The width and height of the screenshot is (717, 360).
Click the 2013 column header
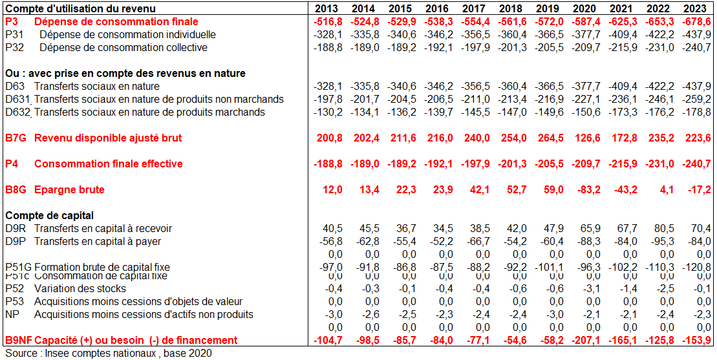pyautogui.click(x=327, y=8)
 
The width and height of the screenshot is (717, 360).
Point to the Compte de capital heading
pyautogui.click(x=50, y=215)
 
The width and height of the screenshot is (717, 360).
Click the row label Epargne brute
pyautogui.click(x=69, y=189)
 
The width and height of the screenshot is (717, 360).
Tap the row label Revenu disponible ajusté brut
pyautogui.click(x=108, y=138)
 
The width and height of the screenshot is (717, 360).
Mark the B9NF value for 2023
pyautogui.click(x=697, y=340)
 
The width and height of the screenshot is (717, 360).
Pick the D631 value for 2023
pyautogui.click(x=697, y=99)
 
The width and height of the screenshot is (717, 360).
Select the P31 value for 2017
pyautogui.click(x=475, y=34)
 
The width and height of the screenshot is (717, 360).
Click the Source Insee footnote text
pyautogui.click(x=108, y=353)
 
